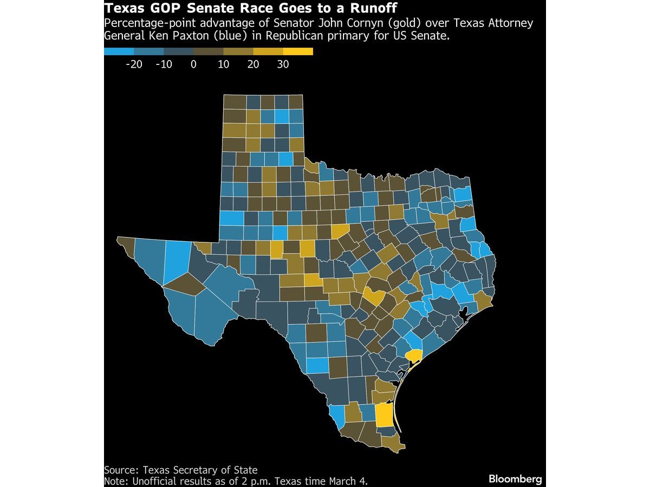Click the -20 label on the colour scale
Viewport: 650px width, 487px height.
[133, 64]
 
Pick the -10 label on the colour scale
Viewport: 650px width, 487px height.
[163, 64]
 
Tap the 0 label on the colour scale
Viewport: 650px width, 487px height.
[193, 64]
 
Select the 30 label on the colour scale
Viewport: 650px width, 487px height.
[283, 64]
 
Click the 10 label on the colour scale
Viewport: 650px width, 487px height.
[223, 64]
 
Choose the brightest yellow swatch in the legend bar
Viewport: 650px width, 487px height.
[298, 52]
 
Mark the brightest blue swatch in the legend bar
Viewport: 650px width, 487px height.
[119, 52]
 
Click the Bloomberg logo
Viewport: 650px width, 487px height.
[515, 479]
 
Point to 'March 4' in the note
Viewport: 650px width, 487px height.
[351, 481]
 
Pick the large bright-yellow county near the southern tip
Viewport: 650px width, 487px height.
[383, 415]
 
